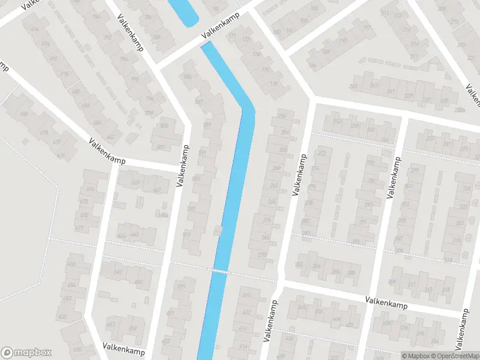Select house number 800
pyautogui.click(x=164, y=125)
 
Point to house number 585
pyautogui.click(x=187, y=77)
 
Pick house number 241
pyautogui.click(x=391, y=92)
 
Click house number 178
pyautogui.click(x=274, y=83)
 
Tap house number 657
pyautogui.click(x=110, y=324)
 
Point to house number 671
pyautogui.click(x=79, y=228)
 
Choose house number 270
pyautogui.click(x=262, y=254)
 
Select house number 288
pyautogui.click(x=351, y=272)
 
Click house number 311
pyautogui.click(x=411, y=285)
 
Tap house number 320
pyautogui.click(x=460, y=223)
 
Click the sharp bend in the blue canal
pyautogui.click(x=248, y=109)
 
